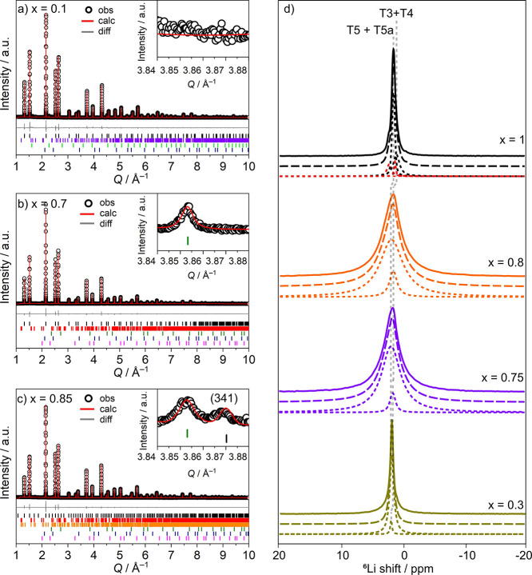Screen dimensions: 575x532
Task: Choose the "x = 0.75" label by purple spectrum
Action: click(x=501, y=376)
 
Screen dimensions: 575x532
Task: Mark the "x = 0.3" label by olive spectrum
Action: click(x=503, y=503)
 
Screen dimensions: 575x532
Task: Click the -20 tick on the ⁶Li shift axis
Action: click(x=522, y=554)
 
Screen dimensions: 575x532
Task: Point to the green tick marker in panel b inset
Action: click(x=188, y=241)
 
